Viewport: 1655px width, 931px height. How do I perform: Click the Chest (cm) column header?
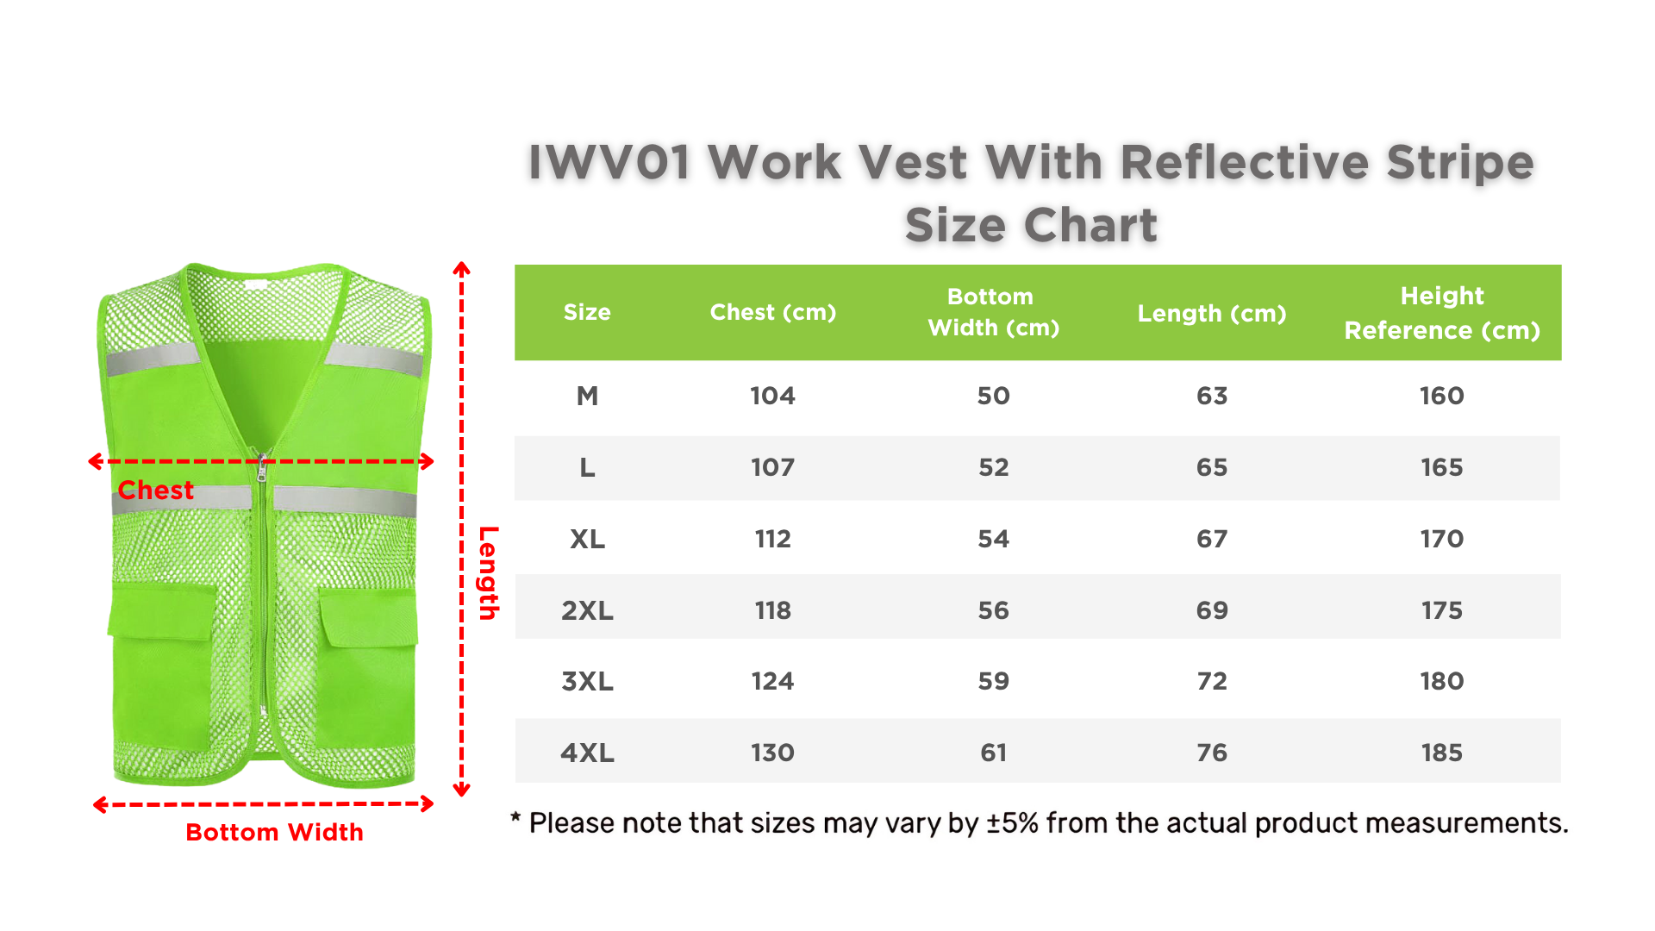(x=773, y=312)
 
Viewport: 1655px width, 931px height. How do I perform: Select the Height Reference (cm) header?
(x=1442, y=313)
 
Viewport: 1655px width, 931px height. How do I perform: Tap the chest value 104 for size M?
(x=772, y=396)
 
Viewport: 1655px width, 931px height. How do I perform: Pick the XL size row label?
(x=587, y=539)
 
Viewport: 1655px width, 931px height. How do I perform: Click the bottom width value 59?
(x=994, y=681)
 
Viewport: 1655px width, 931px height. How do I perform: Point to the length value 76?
(x=1212, y=753)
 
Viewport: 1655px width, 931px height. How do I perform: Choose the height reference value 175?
(x=1442, y=610)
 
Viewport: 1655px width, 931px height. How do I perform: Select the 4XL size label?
(x=587, y=753)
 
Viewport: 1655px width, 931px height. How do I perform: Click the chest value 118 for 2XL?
(x=772, y=610)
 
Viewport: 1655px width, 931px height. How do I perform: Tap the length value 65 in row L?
(x=1212, y=467)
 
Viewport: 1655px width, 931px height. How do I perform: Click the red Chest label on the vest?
(x=155, y=490)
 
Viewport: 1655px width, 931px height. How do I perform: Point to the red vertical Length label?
(x=489, y=572)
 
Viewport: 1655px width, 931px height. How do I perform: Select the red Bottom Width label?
(x=274, y=832)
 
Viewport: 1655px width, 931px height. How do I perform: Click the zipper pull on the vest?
(x=261, y=468)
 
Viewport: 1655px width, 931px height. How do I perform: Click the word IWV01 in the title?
(x=609, y=162)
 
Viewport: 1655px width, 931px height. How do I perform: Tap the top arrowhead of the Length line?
(x=462, y=268)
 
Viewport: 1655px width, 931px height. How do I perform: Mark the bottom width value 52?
(x=994, y=467)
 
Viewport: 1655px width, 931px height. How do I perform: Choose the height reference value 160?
(x=1442, y=396)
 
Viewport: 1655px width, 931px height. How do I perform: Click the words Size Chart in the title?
(x=1031, y=225)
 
